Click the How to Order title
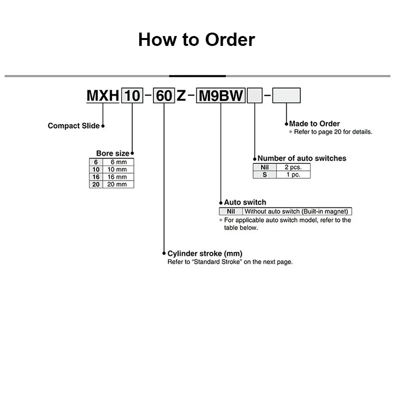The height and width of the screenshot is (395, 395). pos(197,39)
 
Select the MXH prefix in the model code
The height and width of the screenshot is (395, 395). pos(103,95)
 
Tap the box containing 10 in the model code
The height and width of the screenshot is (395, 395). pos(132,95)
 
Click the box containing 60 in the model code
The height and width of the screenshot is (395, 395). pos(163,95)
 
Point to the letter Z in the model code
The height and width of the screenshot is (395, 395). pos(181,95)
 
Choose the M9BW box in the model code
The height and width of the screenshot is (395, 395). pos(221,95)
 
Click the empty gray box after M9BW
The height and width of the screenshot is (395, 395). pos(255,95)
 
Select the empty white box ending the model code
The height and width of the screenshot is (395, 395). pos(286,95)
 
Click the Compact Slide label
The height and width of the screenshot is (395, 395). pos(74,126)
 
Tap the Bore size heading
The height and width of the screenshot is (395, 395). pos(113,154)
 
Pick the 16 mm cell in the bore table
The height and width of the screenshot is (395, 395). pos(118,177)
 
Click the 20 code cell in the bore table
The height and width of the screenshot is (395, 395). pos(95,184)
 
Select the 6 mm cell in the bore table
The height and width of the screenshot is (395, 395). pos(118,162)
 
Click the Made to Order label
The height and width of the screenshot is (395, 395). pos(315,124)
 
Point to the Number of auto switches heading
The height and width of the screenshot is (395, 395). pos(302,158)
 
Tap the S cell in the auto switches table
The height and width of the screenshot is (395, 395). pos(265,175)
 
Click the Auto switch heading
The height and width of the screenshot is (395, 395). pos(245,202)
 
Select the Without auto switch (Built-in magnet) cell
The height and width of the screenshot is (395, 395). pos(297,211)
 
